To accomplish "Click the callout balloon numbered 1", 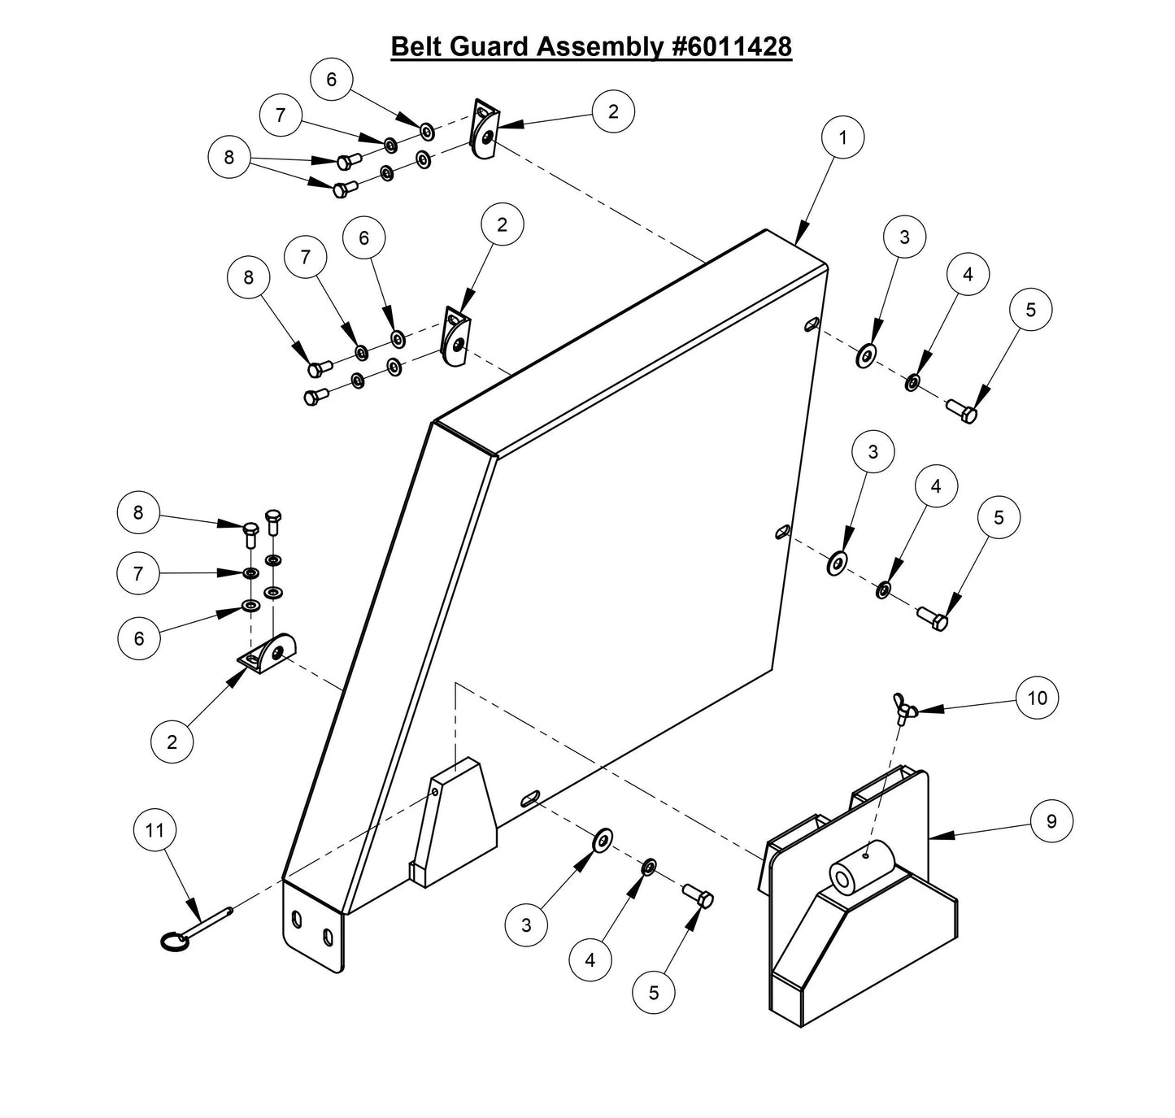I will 842,137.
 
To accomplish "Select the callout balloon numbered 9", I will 1051,821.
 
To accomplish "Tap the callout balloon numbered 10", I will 1038,698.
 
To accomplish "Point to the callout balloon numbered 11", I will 154,830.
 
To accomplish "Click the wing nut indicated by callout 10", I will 903,710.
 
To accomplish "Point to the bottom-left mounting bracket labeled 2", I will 270,654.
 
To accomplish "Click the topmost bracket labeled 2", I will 485,130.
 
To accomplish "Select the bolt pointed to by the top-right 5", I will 963,411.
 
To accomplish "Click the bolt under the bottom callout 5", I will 700,897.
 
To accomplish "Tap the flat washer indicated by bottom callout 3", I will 603,841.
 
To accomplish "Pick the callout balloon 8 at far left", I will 138,513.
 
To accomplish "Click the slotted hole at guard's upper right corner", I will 812,324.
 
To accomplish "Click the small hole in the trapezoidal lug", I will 435,791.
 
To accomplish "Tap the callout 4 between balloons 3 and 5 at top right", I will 967,275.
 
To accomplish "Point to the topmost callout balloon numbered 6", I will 331,79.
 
